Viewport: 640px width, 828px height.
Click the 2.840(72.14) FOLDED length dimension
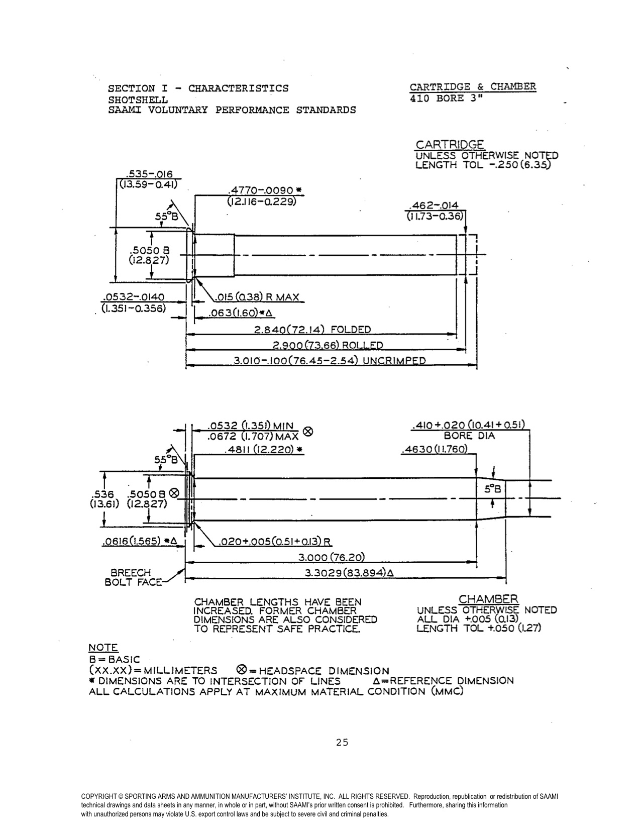(x=312, y=330)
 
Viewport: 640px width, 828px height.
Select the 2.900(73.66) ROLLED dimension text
(x=328, y=345)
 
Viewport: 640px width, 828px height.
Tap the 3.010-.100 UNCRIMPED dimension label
(x=330, y=361)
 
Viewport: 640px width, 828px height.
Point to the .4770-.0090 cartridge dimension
(x=264, y=191)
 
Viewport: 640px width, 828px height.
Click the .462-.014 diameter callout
(x=435, y=206)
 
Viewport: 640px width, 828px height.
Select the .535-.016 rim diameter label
(x=149, y=174)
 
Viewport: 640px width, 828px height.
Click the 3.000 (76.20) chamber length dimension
(x=331, y=557)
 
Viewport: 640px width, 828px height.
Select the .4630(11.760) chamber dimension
(x=435, y=449)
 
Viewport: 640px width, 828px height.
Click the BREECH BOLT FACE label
(x=131, y=577)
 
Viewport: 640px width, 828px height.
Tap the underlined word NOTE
(x=103, y=648)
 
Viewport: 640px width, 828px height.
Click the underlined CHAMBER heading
(x=488, y=599)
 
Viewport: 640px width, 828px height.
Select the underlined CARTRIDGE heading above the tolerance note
(x=450, y=144)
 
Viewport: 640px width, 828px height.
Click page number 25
(x=342, y=742)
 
